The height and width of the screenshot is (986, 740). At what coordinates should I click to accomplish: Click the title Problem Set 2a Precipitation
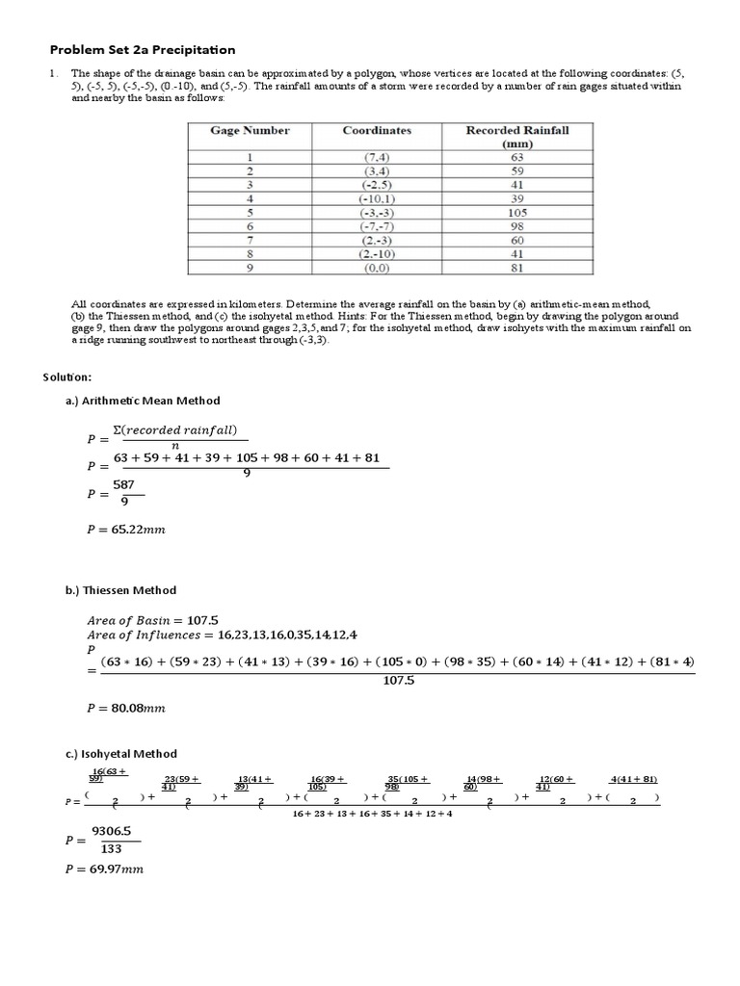click(x=143, y=50)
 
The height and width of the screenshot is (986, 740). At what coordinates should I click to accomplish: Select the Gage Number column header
click(x=250, y=131)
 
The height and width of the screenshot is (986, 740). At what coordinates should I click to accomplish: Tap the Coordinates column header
click(x=377, y=131)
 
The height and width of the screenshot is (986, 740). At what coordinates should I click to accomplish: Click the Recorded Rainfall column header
click(x=516, y=137)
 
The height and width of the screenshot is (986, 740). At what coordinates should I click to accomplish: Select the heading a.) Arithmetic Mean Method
click(x=143, y=401)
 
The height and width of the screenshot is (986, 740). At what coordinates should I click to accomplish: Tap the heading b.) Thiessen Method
click(x=121, y=590)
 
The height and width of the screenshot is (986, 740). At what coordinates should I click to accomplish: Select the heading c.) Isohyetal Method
click(x=121, y=754)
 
